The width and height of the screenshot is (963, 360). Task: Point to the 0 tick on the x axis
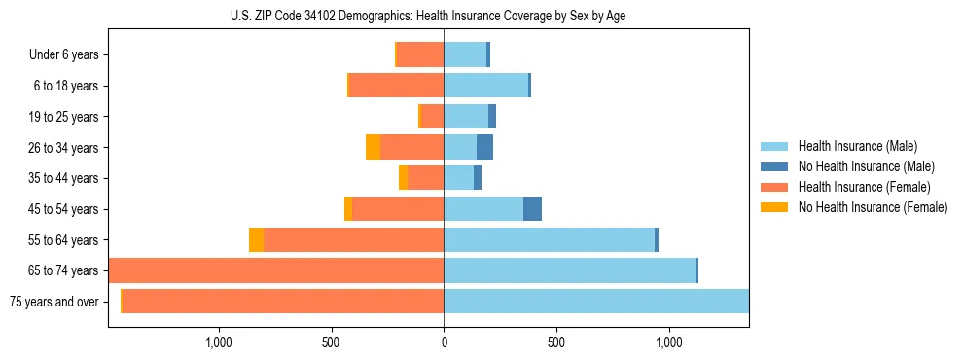444,342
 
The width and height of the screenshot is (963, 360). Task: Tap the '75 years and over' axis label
53,302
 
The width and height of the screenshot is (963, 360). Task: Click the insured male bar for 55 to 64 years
549,239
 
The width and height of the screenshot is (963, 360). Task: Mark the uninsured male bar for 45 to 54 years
532,209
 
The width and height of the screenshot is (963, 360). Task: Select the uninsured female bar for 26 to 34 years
373,148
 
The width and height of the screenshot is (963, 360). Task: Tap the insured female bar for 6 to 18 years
396,86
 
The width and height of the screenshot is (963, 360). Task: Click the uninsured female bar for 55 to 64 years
256,239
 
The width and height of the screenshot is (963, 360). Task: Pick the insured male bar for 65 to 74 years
570,270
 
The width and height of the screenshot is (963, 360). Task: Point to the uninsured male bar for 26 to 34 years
484,148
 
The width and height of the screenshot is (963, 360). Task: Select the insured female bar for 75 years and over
282,302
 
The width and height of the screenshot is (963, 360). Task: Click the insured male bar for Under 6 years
465,55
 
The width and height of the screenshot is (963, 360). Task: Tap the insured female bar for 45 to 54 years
398,209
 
